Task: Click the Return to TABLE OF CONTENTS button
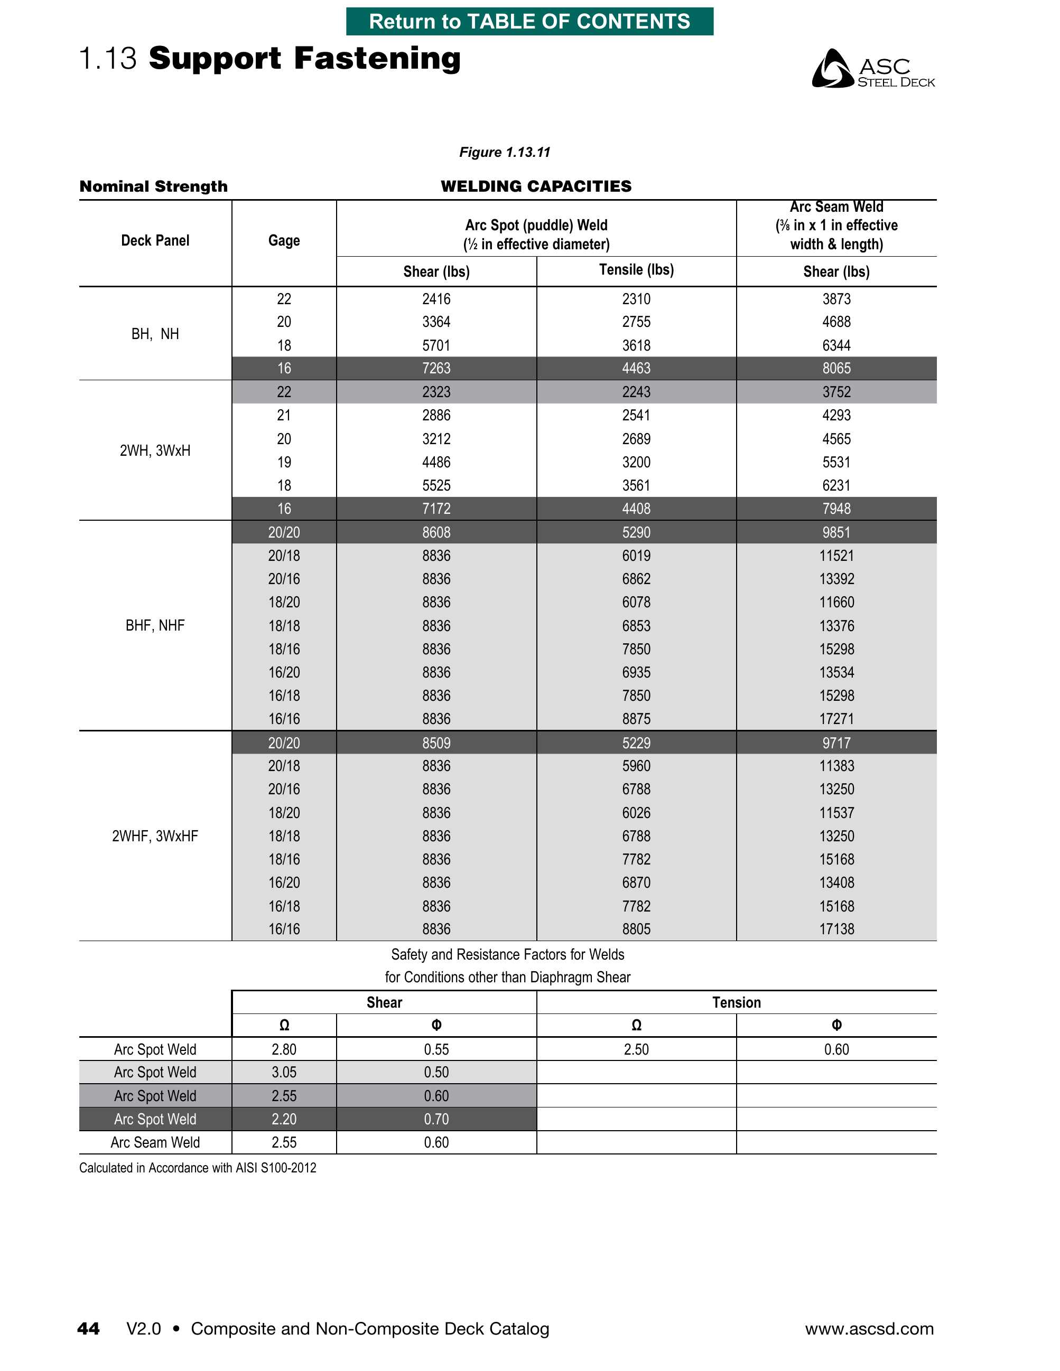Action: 529,21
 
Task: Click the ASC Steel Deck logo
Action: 873,69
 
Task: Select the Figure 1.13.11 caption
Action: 504,153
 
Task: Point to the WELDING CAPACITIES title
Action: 536,186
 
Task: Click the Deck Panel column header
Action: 155,240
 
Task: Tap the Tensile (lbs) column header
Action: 636,270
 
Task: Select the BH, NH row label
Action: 155,334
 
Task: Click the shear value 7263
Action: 436,369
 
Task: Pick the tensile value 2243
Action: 636,392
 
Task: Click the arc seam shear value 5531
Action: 836,463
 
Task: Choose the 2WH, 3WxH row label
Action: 155,450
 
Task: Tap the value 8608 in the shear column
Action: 436,532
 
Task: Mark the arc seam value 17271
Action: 836,719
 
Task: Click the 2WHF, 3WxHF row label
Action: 155,836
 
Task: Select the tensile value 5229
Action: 636,743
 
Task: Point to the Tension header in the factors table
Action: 736,1002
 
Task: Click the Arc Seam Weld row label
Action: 155,1142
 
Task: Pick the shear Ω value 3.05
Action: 284,1072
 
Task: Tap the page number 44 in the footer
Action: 89,1328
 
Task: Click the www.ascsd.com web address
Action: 869,1328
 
